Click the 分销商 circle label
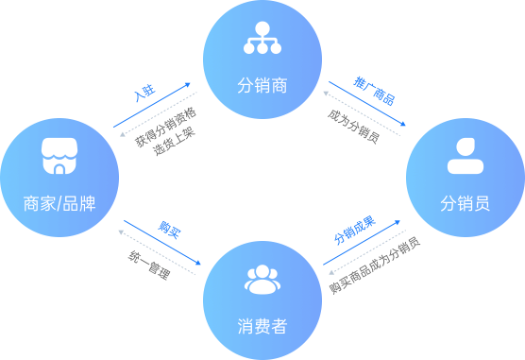(262, 86)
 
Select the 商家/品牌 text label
(59, 201)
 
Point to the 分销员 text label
(465, 202)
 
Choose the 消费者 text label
(262, 326)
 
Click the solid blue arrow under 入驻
(152, 105)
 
